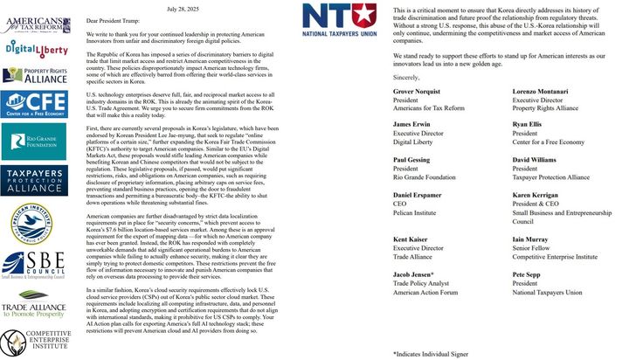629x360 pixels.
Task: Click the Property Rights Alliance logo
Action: (36, 76)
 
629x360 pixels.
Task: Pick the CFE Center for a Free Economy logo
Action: (36, 105)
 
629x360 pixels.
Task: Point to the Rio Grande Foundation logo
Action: (36, 140)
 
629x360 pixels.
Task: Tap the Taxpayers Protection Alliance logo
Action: (36, 179)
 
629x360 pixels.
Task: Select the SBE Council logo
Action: (36, 266)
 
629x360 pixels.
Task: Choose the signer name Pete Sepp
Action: (528, 273)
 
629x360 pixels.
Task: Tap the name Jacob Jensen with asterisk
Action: (417, 273)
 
